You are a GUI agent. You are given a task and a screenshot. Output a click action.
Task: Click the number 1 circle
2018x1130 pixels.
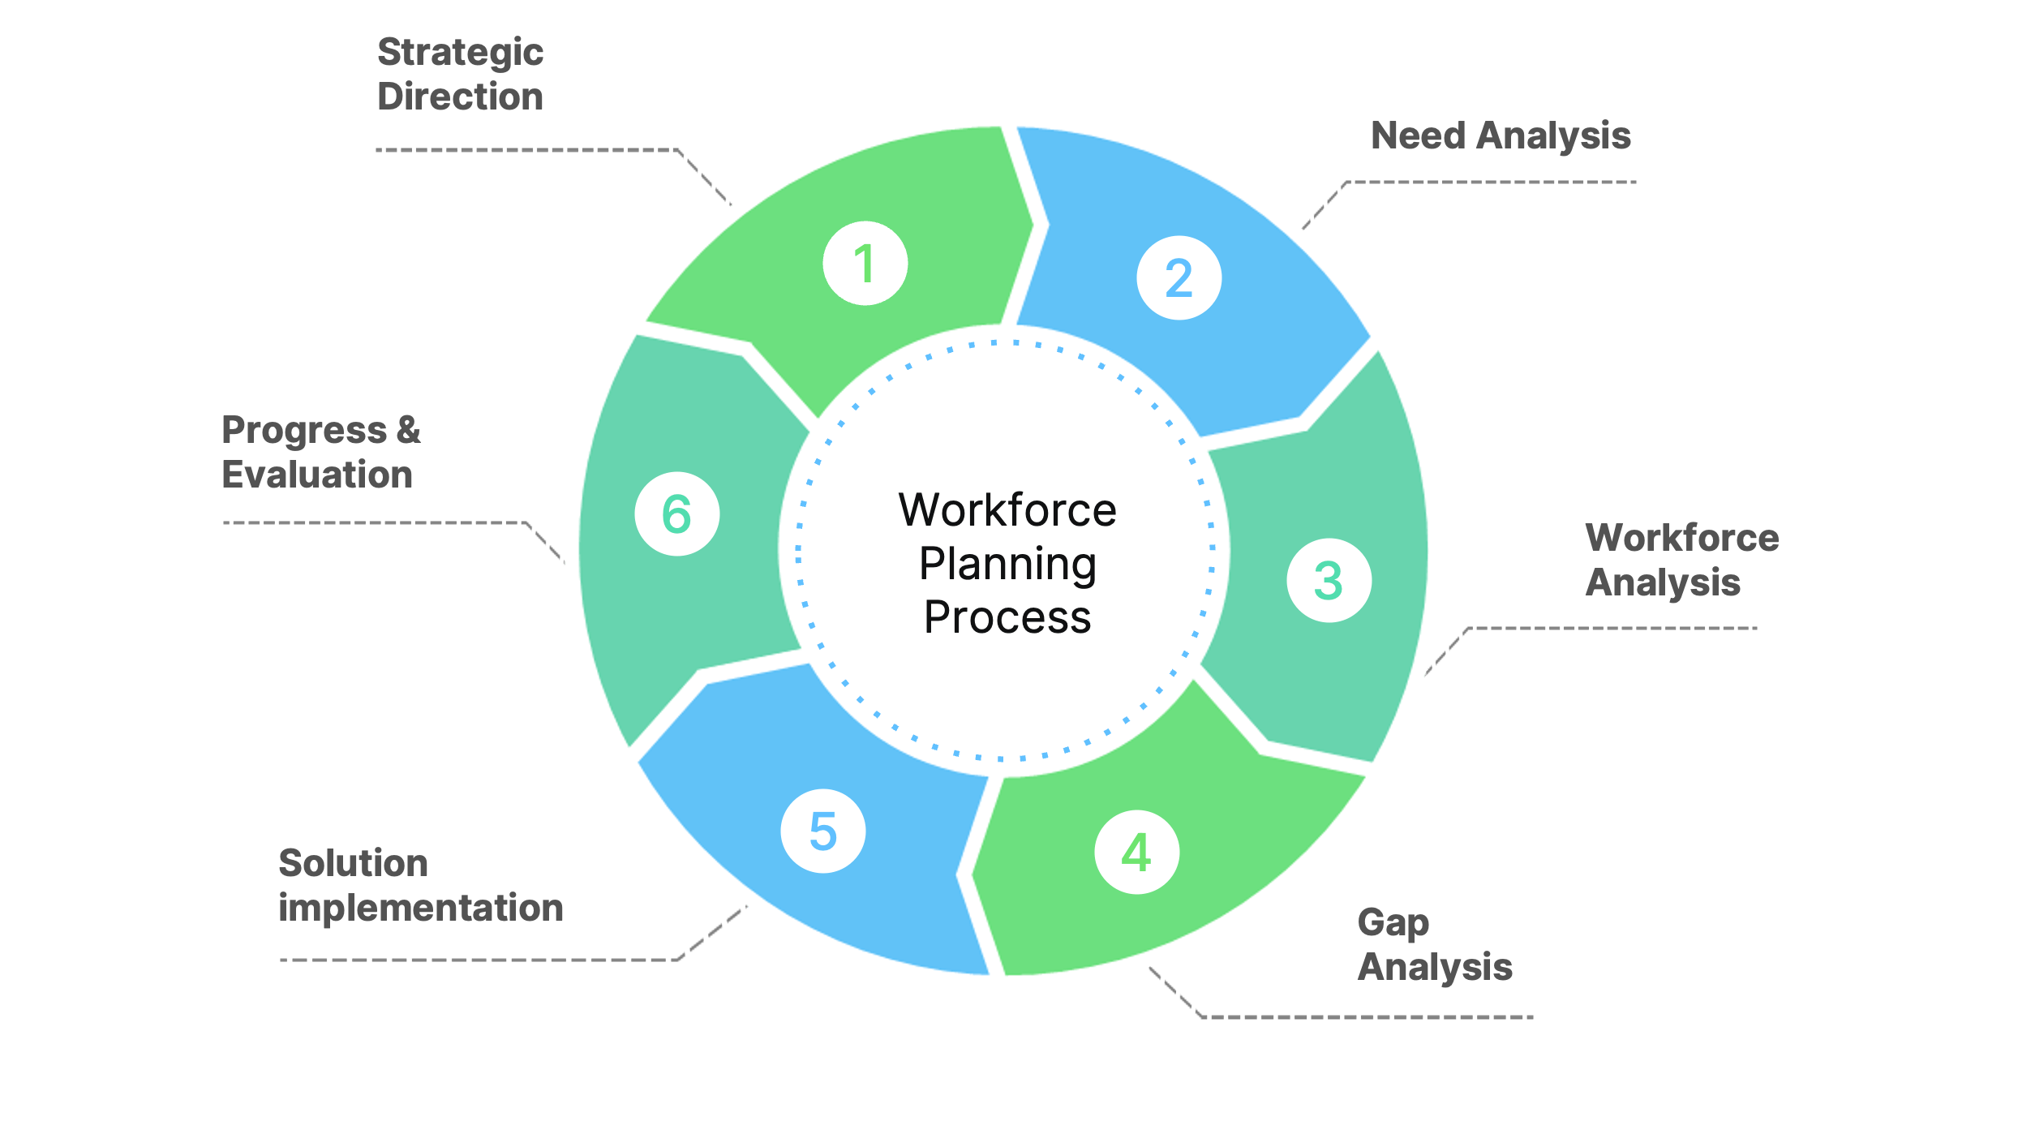click(x=865, y=263)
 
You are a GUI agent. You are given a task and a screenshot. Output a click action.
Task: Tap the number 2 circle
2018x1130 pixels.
click(x=1179, y=277)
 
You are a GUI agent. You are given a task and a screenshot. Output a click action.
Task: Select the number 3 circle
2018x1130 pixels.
click(x=1329, y=580)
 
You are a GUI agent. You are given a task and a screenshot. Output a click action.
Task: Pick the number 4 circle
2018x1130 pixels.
click(x=1136, y=852)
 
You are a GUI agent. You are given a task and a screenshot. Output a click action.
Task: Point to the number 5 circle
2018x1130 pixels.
click(x=823, y=831)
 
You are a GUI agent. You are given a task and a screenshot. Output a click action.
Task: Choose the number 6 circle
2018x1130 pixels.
click(x=676, y=513)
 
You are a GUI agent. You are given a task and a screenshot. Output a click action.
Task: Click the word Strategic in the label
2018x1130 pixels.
click(x=460, y=54)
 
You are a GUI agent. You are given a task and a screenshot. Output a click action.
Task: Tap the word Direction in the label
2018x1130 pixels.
click(x=460, y=97)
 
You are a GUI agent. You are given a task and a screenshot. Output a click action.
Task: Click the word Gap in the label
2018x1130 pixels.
click(x=1393, y=923)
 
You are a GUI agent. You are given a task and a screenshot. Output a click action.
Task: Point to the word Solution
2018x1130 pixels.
click(x=353, y=863)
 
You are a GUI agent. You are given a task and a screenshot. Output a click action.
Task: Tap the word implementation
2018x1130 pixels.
click(x=420, y=908)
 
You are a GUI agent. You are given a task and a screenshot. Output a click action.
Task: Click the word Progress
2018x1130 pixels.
click(x=304, y=432)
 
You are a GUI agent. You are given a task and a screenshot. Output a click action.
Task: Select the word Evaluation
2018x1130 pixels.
click(x=317, y=475)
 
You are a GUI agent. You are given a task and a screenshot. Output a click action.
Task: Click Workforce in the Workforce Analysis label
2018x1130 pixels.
click(x=1681, y=538)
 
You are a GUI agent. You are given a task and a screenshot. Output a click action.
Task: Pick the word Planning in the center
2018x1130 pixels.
click(x=1007, y=564)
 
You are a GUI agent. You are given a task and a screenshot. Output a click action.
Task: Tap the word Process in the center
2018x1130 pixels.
click(x=1007, y=617)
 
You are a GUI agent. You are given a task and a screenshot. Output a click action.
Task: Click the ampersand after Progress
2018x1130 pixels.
click(x=409, y=430)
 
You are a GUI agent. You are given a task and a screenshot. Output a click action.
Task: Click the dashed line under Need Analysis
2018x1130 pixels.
click(x=1492, y=183)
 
